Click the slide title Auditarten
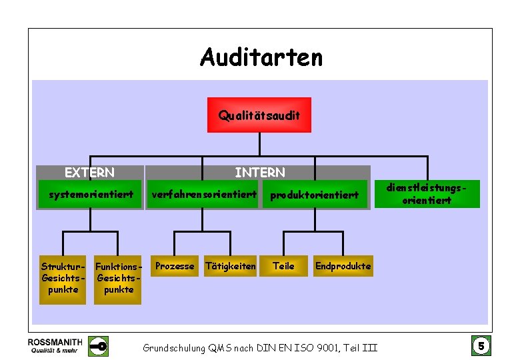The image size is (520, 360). [261, 57]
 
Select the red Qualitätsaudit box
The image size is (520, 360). [259, 115]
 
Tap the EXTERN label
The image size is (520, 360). [89, 173]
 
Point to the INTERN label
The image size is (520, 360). [260, 173]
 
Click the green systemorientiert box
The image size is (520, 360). [91, 195]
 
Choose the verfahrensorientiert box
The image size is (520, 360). [204, 195]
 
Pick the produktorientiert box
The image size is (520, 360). [314, 195]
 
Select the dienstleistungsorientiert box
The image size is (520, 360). [427, 194]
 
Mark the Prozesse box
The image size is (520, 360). [175, 266]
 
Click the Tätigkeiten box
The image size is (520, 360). [230, 266]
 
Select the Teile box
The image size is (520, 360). [283, 266]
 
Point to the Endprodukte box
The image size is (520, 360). [343, 266]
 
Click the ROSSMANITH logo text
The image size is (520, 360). [55, 341]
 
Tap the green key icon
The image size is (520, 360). [99, 346]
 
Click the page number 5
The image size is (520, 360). [481, 346]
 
